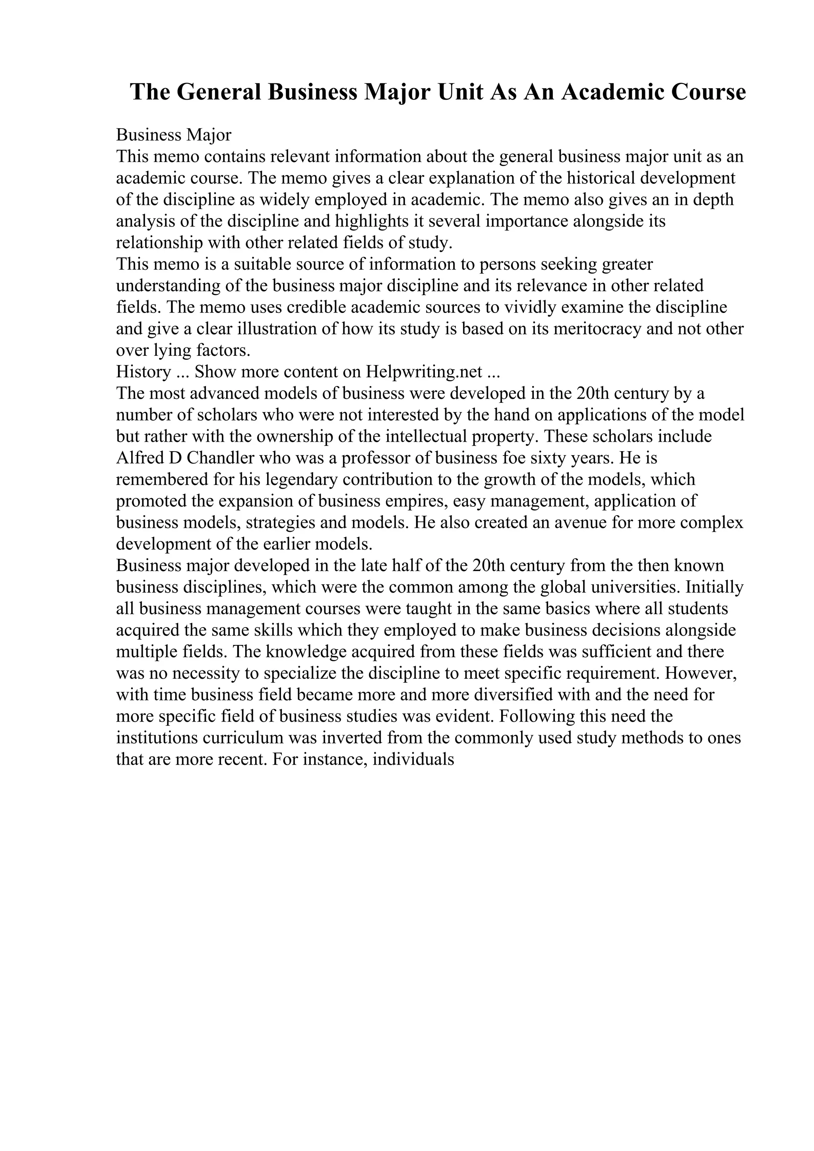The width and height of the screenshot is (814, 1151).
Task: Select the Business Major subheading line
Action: (x=174, y=135)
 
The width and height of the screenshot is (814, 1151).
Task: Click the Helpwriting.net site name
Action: (x=424, y=372)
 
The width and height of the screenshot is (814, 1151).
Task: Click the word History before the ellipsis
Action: (x=143, y=372)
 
